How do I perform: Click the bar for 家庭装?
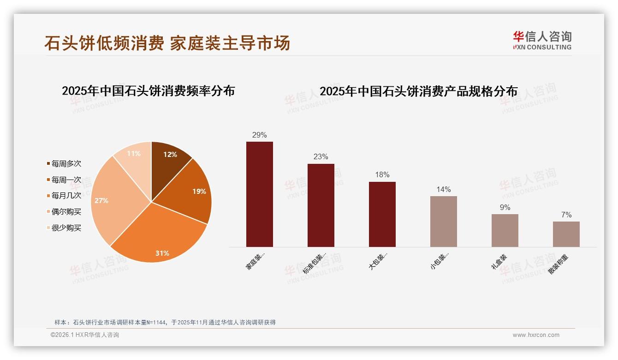point(260,194)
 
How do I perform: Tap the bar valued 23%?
point(321,205)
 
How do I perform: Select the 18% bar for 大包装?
point(382,214)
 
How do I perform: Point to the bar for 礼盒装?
point(505,230)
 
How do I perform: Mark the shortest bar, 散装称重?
point(566,234)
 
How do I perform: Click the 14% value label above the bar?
point(444,190)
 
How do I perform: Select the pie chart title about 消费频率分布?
point(149,91)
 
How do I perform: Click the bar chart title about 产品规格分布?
point(419,91)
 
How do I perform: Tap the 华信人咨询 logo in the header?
point(542,40)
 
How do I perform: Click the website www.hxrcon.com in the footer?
point(536,335)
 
